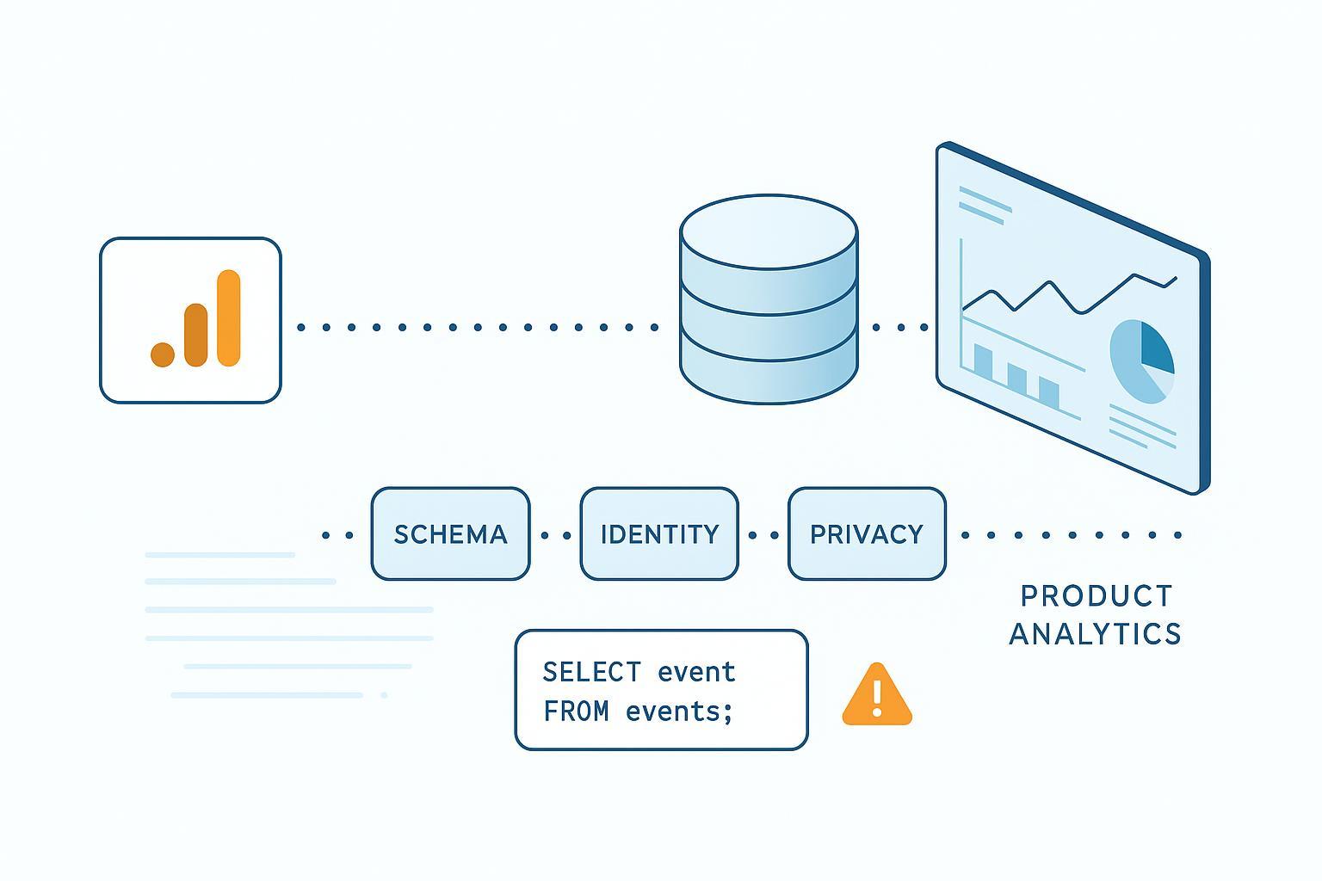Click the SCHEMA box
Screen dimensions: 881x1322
[450, 534]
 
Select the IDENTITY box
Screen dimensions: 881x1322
[659, 534]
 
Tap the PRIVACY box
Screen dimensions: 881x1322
[867, 534]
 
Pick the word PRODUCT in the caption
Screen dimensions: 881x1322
[1096, 596]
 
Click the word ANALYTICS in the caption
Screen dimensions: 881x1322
[1095, 634]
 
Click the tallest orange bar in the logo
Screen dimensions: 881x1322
[228, 317]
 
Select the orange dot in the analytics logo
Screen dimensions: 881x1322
[163, 354]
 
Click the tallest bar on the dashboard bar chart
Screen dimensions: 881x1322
[982, 360]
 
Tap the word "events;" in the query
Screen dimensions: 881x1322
[679, 712]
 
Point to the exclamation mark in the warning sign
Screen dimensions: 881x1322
[876, 698]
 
